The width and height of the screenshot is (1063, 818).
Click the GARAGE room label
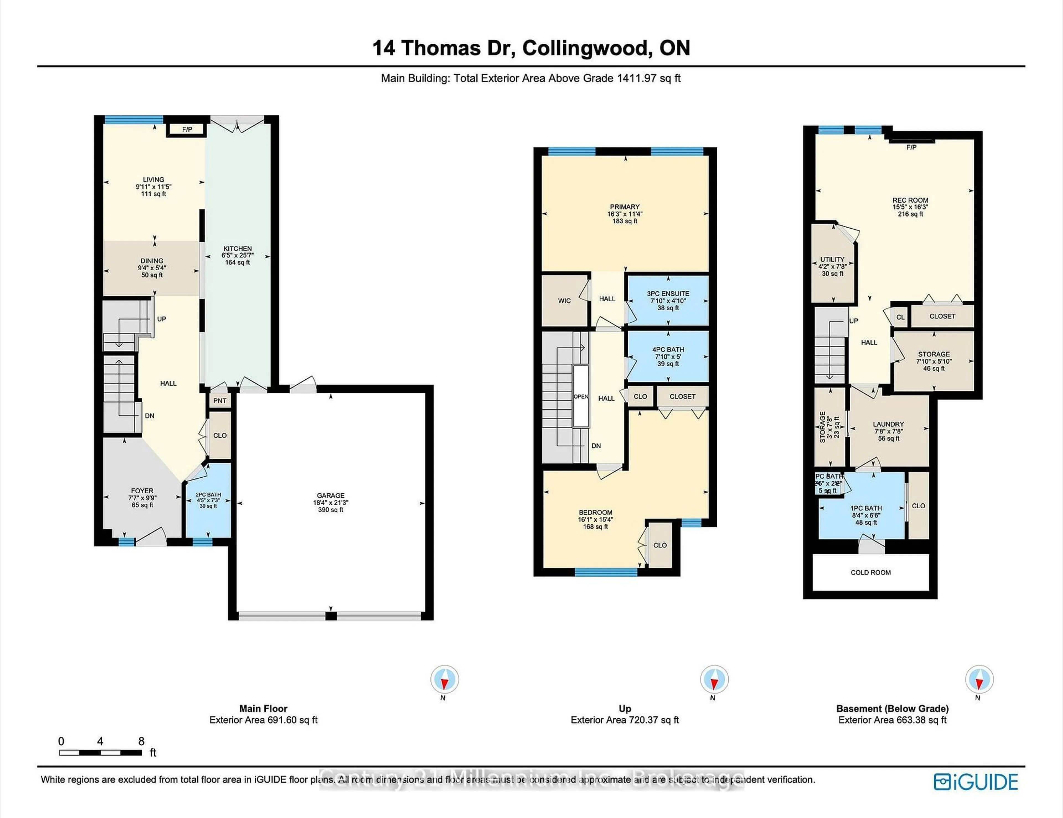click(x=331, y=495)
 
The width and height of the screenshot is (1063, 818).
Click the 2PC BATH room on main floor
click(x=208, y=500)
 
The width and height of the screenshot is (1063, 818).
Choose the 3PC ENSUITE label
click(x=668, y=294)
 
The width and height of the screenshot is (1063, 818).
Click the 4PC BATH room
click(x=668, y=356)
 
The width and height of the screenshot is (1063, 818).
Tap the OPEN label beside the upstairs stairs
click(x=581, y=397)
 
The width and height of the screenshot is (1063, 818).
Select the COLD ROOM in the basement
click(x=870, y=572)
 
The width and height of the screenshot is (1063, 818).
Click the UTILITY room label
click(x=832, y=259)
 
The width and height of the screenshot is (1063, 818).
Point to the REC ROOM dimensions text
click(x=910, y=207)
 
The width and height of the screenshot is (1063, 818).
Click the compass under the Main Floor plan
click(x=444, y=679)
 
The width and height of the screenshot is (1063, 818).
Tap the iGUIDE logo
click(x=976, y=782)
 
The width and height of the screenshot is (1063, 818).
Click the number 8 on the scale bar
click(x=141, y=741)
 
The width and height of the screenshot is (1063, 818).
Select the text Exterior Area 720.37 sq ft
click(x=625, y=720)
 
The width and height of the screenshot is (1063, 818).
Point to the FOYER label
click(x=142, y=491)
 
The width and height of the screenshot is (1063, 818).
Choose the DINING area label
click(x=152, y=261)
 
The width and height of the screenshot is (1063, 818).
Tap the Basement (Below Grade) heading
click(x=892, y=708)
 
